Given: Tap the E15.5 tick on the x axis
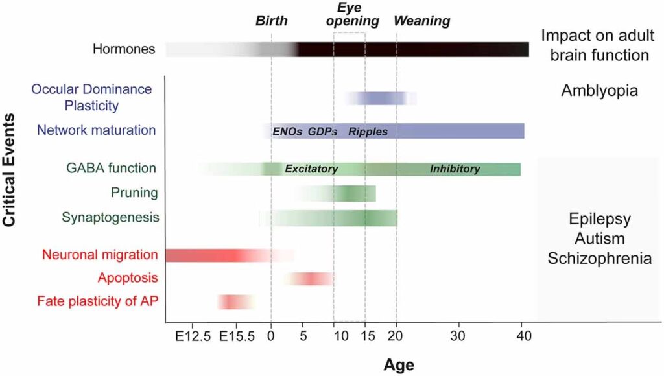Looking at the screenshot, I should point(237,336).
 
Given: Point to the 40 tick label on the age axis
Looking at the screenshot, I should point(523,336).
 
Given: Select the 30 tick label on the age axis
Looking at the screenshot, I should point(459,336).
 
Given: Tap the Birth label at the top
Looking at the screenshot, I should point(271,21).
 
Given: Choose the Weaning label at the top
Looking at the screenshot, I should point(422,21).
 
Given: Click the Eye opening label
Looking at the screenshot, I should point(350,14).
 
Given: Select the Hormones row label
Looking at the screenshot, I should point(124,49).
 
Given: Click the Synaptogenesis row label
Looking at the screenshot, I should point(110,218).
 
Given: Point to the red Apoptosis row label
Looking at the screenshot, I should point(128,279).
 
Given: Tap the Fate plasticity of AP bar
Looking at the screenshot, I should point(235,301).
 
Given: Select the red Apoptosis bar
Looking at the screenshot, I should point(309,279).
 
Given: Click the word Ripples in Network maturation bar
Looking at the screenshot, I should point(368,132).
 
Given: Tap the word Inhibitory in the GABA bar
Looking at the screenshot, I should point(455,169).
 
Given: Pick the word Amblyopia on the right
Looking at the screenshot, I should point(599,91).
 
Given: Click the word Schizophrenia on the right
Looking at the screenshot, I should point(599,259).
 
